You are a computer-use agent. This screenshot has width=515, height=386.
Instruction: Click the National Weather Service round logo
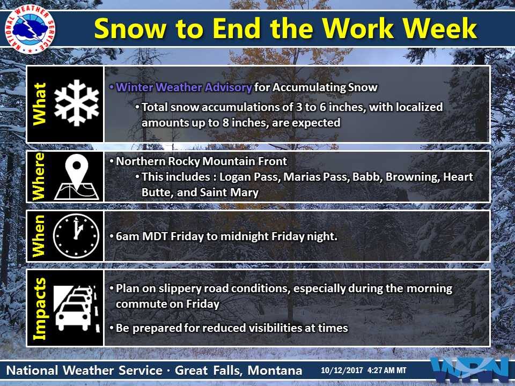(x=30, y=29)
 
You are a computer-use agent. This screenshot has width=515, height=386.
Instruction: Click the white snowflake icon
(x=77, y=103)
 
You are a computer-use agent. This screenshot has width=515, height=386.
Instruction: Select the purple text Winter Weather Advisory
(x=184, y=87)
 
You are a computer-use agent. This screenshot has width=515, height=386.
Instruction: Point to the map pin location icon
(x=77, y=176)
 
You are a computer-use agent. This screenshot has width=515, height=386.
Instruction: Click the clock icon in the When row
(x=76, y=236)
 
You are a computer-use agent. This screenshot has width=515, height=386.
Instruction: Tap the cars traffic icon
(x=77, y=308)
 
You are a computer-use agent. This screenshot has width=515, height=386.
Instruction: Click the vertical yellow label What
(x=39, y=103)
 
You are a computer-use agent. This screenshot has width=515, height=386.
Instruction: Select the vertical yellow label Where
(x=38, y=176)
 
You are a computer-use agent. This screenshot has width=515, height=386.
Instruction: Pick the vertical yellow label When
(x=38, y=236)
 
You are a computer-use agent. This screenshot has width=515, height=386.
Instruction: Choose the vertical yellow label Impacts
(x=39, y=309)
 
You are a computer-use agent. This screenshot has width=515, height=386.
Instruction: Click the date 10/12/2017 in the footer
(x=342, y=370)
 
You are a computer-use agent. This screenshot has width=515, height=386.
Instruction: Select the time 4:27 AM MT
(x=387, y=370)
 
